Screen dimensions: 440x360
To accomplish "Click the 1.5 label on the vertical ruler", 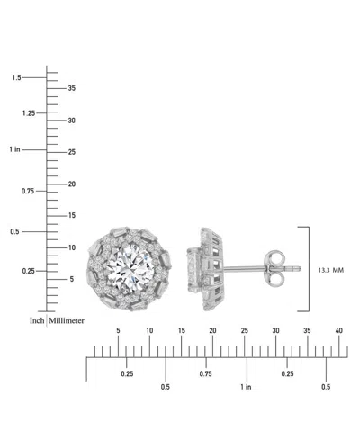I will click(x=16, y=78).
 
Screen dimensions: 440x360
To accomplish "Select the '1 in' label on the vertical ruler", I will click(x=15, y=149).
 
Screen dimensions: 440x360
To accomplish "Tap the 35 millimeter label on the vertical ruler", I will click(x=72, y=88).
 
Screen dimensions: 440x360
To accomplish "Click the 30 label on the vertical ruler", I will click(x=72, y=121).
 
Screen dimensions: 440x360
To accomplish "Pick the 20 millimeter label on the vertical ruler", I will click(x=72, y=184).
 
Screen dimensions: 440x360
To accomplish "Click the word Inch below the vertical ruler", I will click(x=37, y=319).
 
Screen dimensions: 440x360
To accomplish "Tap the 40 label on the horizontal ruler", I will click(x=338, y=332).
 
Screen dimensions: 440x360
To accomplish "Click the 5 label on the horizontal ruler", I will click(x=118, y=332).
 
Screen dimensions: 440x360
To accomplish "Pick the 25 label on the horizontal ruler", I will click(x=244, y=332).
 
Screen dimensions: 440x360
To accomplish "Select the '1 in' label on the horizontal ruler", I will click(x=246, y=387).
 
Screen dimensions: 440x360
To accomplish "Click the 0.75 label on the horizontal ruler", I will click(x=205, y=373).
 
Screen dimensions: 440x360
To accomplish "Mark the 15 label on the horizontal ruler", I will click(x=181, y=332).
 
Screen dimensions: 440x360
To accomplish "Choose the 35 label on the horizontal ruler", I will click(x=307, y=332).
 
